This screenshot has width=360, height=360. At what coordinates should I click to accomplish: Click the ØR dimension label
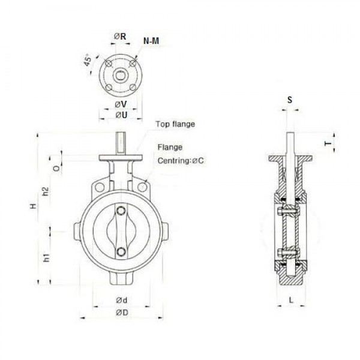pos(120,36)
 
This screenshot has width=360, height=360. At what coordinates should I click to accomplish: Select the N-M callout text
pos(151,41)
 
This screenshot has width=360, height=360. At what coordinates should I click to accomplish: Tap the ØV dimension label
pos(120,104)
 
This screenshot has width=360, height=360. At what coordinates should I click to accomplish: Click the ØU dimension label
pos(120,116)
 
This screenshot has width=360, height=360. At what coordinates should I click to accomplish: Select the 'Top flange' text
pos(175,124)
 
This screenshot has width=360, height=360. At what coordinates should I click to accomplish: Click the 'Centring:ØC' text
pos(181,161)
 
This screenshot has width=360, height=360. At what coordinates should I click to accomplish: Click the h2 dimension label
pos(45,192)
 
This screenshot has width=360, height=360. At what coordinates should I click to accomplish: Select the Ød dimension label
pos(121,299)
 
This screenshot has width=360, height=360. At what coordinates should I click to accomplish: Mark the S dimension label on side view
pos(290,100)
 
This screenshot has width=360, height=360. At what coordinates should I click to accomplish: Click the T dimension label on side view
pos(327,144)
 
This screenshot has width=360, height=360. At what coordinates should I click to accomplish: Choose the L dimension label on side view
pos(290,298)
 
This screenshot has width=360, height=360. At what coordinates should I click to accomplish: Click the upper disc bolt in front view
pos(122,211)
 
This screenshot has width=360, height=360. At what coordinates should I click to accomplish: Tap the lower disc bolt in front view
pos(122,252)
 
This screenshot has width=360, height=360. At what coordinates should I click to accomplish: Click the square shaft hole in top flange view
pos(121,76)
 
